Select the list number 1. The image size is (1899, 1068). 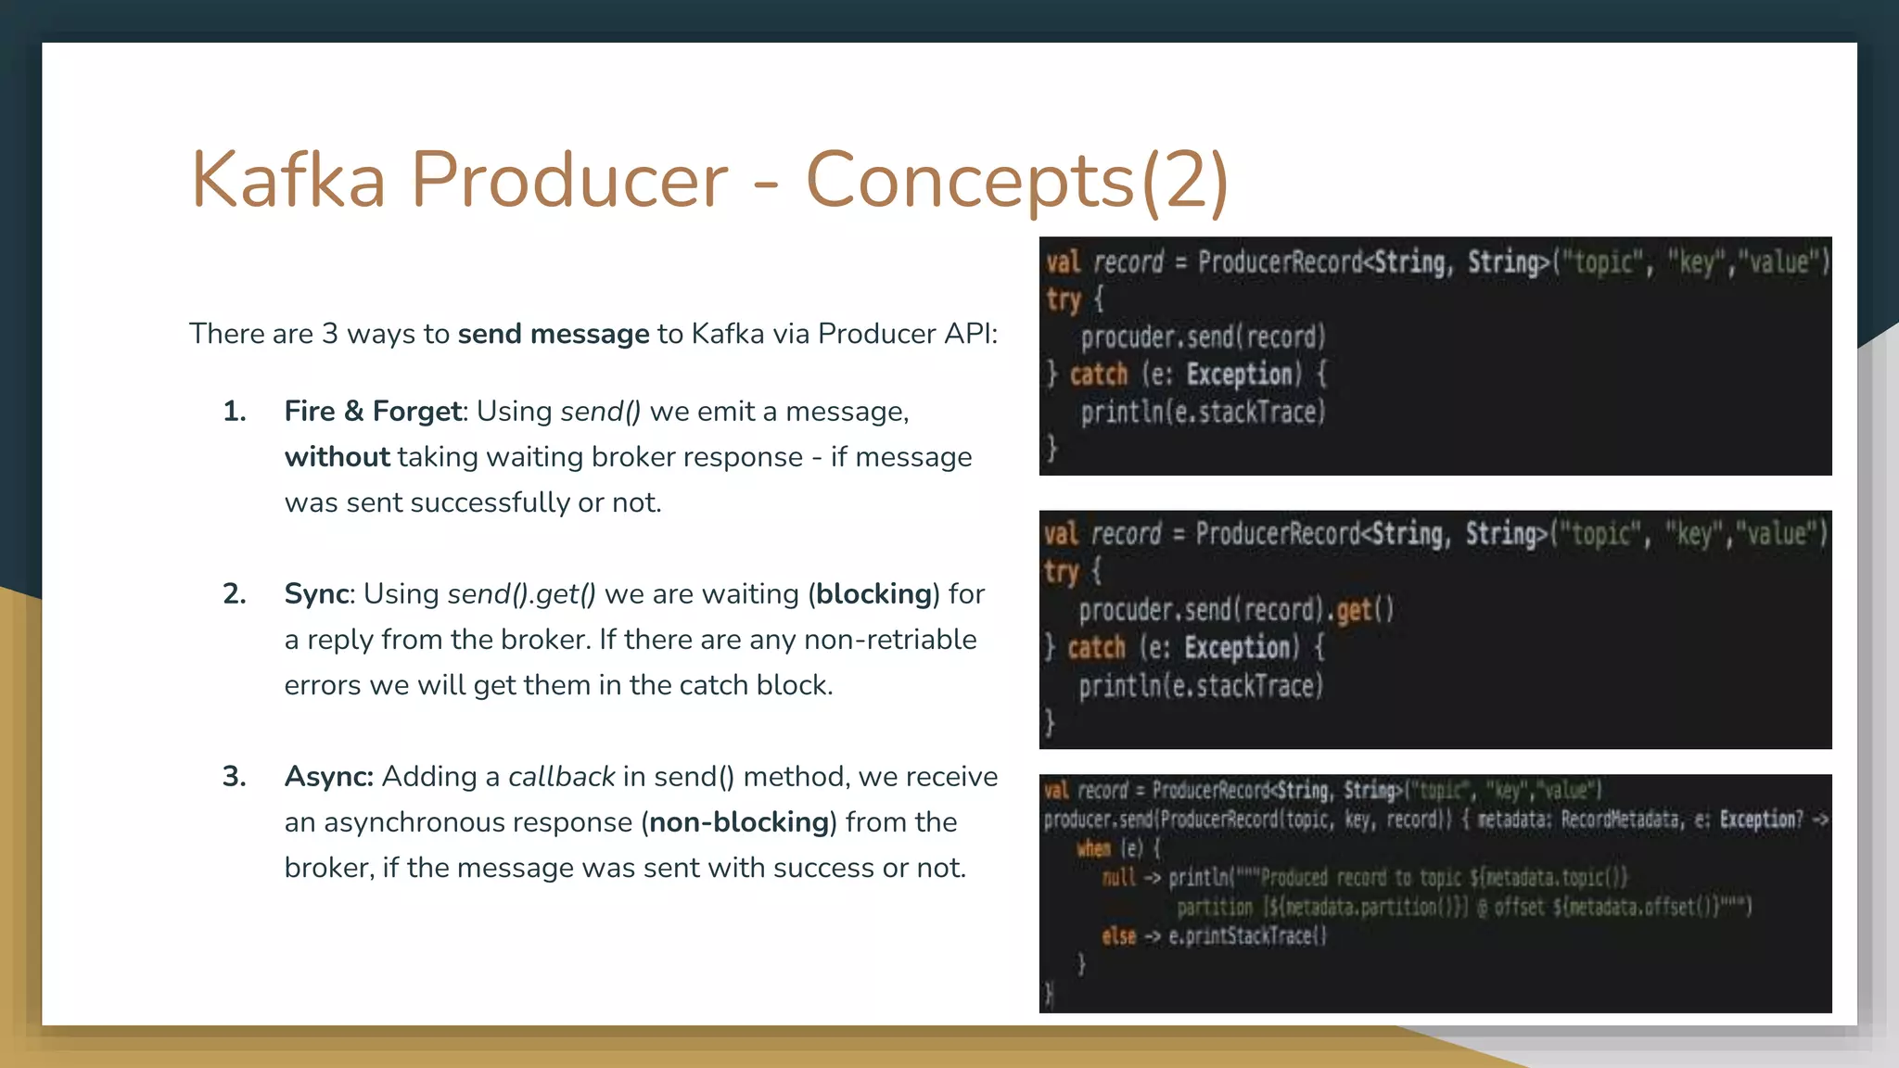[x=235, y=411]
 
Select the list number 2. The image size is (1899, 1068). [x=235, y=593]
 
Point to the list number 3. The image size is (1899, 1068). [x=235, y=776]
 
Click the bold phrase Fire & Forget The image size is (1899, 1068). [x=373, y=411]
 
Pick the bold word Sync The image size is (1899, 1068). [x=317, y=593]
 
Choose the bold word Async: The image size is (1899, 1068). [x=328, y=776]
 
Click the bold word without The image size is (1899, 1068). [x=338, y=456]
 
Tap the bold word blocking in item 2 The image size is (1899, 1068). [x=873, y=593]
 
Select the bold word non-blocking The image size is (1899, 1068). [x=738, y=821]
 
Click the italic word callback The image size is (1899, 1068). [x=561, y=776]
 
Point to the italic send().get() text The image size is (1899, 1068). [x=521, y=593]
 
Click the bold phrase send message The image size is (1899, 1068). [x=554, y=333]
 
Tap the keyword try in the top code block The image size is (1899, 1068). [x=1064, y=299]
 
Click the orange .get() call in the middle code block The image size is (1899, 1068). [x=1363, y=610]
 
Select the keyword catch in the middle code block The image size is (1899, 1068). [x=1096, y=647]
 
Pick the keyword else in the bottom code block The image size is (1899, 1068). [x=1118, y=936]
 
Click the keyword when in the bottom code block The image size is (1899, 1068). [x=1093, y=848]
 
